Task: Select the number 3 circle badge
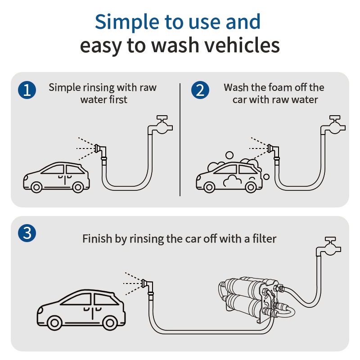[27, 233]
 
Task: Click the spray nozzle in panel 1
[99, 148]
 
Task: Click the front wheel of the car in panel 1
[36, 187]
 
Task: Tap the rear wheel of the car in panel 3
[109, 322]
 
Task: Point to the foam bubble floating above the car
[229, 155]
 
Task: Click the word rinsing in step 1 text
[100, 87]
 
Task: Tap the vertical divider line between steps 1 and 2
[180, 139]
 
